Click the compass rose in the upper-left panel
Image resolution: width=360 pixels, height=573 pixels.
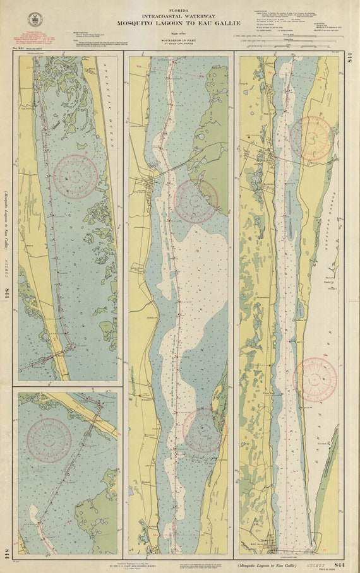coord(75,177)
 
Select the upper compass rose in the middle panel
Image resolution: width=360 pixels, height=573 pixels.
coord(196,202)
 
